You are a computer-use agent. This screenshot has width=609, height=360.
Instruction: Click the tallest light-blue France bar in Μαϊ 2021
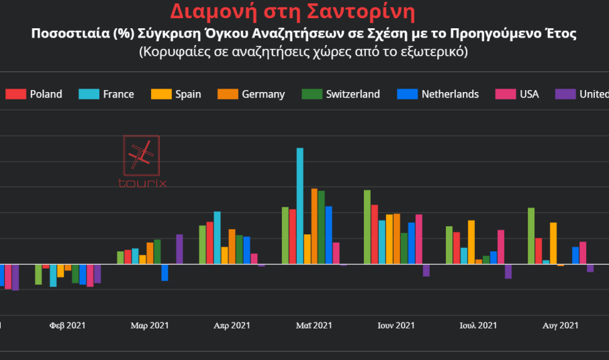300,206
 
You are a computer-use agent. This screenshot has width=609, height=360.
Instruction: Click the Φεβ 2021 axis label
67,326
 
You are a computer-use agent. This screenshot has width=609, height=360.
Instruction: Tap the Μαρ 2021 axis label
149,326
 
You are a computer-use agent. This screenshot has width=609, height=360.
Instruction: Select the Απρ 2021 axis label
232,326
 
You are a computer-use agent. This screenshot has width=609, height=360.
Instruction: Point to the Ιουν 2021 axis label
396,326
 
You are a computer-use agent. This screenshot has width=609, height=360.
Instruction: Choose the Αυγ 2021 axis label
560,326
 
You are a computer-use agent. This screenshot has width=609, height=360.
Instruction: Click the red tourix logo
142,161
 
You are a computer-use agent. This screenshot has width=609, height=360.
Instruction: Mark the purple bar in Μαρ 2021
179,249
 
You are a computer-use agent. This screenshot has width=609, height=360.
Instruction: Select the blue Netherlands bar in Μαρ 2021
165,272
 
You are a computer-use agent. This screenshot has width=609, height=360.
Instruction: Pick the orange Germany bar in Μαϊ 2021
314,226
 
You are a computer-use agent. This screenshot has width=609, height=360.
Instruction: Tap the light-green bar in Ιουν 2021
367,227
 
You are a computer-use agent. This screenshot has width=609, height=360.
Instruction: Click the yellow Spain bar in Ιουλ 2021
471,242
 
